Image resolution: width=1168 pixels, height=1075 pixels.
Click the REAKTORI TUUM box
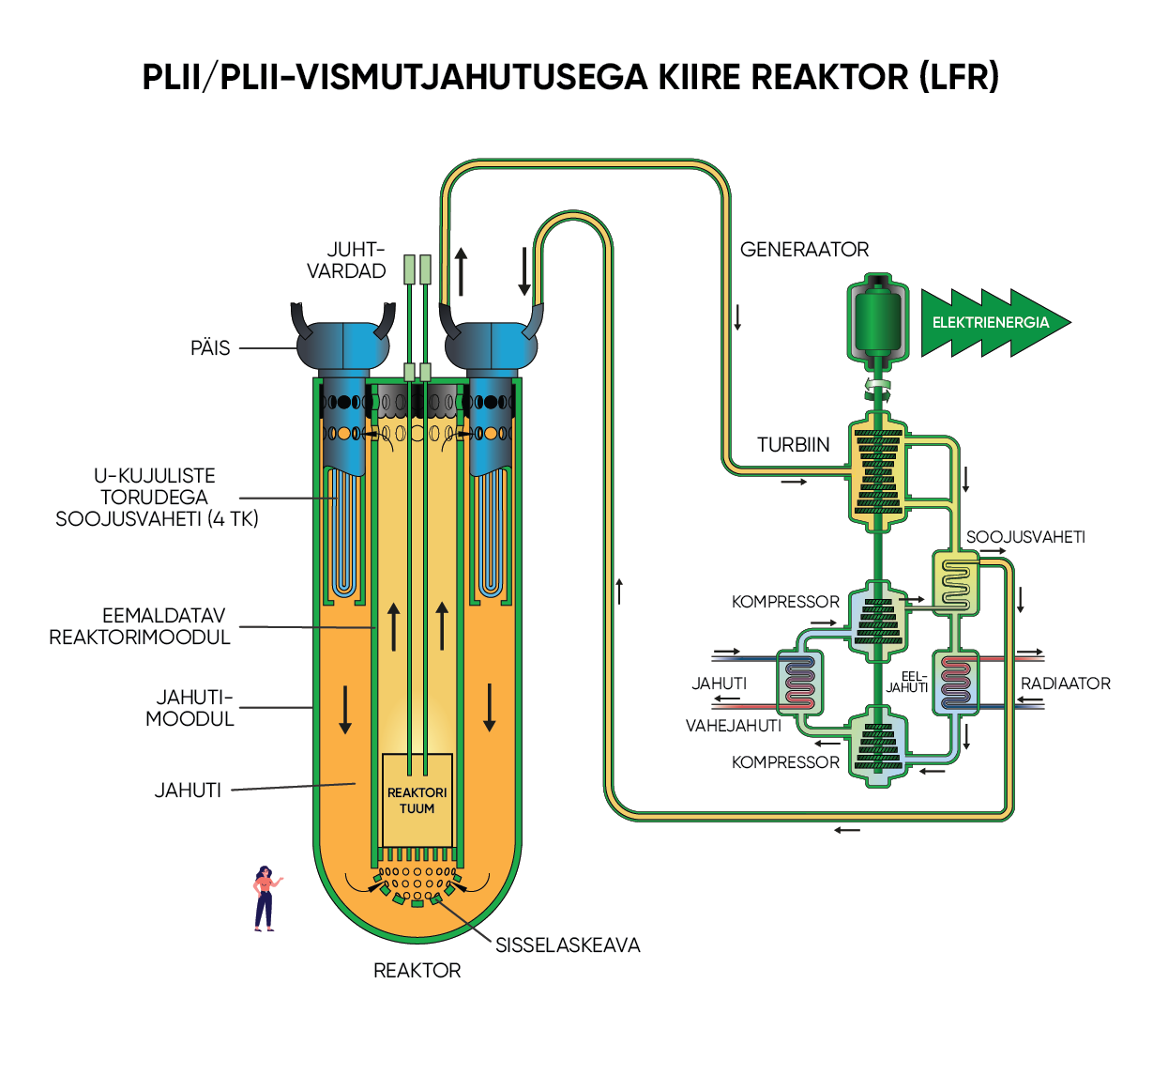[417, 800]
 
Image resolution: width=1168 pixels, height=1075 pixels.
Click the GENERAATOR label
[804, 250]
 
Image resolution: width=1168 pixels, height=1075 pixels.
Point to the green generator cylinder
[878, 320]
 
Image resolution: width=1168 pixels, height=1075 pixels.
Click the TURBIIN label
[793, 445]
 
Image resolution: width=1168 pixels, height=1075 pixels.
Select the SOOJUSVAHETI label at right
[1025, 537]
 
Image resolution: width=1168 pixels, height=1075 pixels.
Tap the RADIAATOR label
[1065, 683]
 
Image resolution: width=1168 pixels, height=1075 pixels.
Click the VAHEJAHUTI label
[733, 726]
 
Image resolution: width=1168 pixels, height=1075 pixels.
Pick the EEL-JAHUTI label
[908, 682]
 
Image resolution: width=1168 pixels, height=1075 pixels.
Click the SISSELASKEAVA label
[568, 945]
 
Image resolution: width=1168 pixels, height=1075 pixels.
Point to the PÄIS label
[210, 348]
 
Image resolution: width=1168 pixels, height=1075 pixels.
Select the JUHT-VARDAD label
[346, 260]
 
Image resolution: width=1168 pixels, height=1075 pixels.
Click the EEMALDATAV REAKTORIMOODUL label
[141, 626]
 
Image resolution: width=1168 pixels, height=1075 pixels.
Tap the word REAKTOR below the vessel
[417, 971]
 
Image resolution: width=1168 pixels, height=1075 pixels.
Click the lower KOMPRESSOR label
[785, 762]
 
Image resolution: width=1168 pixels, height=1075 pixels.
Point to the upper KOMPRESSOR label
[785, 602]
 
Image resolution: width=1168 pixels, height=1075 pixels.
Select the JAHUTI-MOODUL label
[191, 708]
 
